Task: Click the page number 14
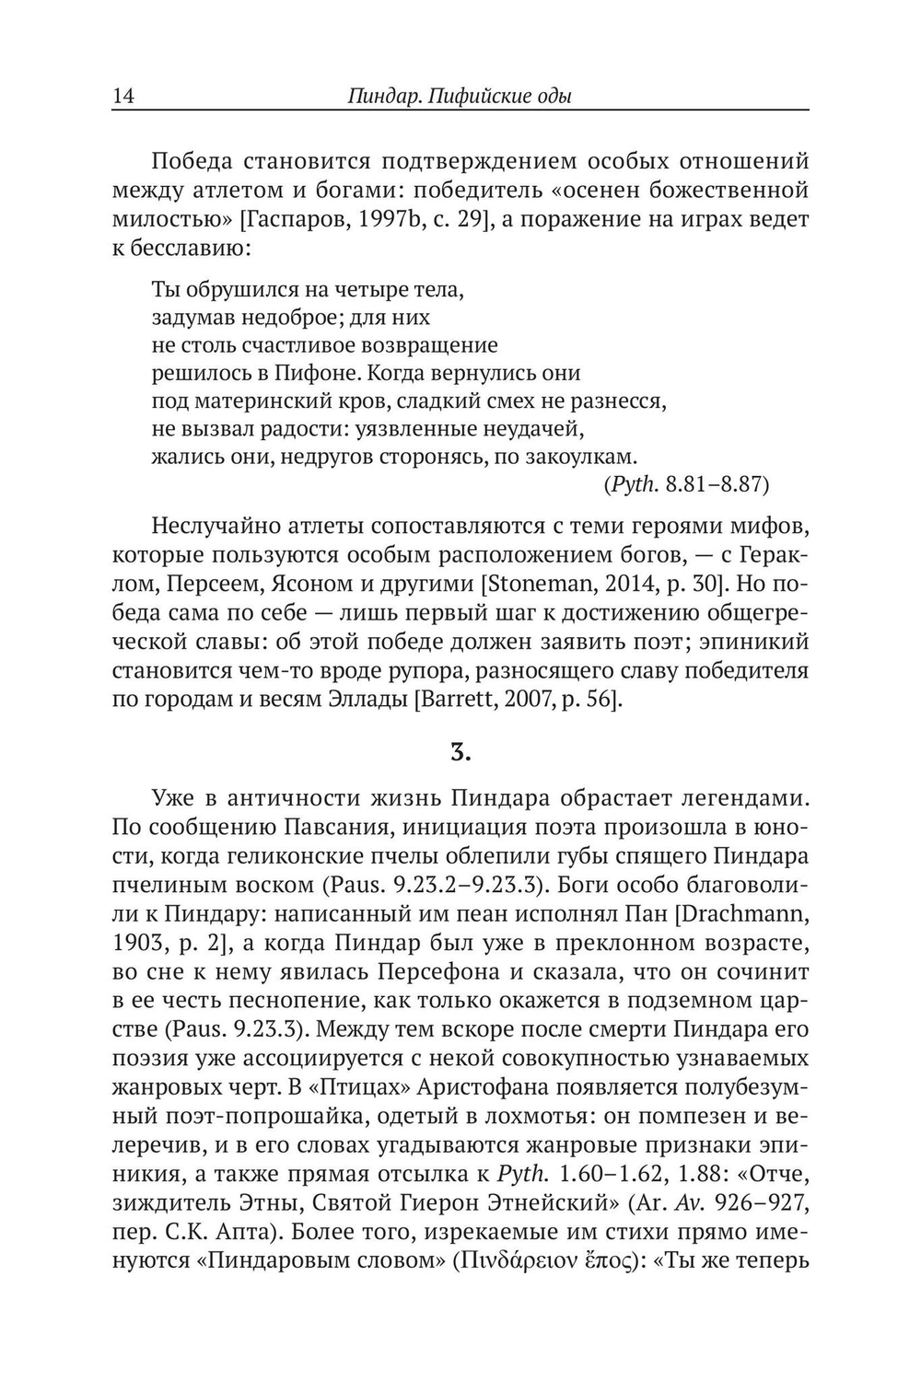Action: coord(123,95)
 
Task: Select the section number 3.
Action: coord(460,753)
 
